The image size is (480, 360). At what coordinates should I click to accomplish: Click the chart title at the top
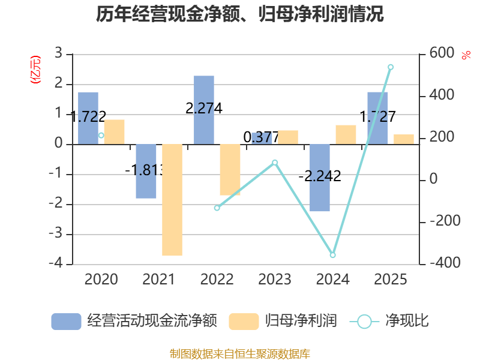(239, 14)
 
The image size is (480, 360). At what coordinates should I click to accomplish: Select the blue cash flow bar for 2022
(204, 110)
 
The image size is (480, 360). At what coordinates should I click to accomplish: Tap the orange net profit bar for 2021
(172, 200)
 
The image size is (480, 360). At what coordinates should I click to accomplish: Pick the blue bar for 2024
(320, 178)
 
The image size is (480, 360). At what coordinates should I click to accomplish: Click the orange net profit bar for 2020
(114, 132)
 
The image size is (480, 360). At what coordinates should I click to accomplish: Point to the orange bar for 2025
(404, 139)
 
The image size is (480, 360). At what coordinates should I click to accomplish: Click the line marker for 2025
(391, 67)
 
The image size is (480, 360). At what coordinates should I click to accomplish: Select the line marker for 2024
(333, 254)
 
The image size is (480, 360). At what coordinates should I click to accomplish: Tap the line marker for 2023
(275, 163)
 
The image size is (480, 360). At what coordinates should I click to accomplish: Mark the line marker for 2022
(217, 208)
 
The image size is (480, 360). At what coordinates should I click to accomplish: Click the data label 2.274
(204, 109)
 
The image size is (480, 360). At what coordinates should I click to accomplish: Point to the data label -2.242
(320, 176)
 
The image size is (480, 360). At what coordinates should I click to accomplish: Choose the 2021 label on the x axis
(158, 279)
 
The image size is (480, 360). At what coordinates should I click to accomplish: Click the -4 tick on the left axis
(56, 263)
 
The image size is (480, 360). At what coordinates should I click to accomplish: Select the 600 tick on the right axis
(442, 53)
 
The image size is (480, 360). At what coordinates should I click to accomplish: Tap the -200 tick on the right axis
(445, 221)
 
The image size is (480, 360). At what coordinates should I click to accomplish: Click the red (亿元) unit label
(35, 70)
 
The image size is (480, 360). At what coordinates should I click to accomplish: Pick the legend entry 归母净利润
(283, 321)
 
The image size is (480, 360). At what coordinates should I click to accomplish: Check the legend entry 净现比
(389, 321)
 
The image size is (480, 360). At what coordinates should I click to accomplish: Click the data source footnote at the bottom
(240, 354)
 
